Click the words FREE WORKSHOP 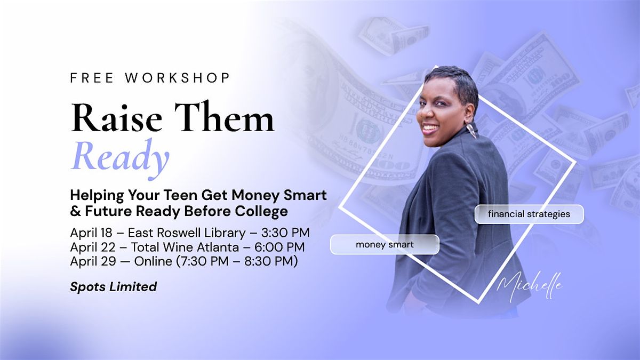[x=150, y=78]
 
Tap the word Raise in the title [x=117, y=117]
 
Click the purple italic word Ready [x=119, y=158]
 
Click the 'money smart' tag [x=385, y=245]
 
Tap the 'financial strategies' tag [x=529, y=214]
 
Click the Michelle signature [x=530, y=286]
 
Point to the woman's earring [x=471, y=130]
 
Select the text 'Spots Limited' [x=114, y=286]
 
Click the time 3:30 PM [x=285, y=233]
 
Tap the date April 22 [x=93, y=247]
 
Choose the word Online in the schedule [x=154, y=261]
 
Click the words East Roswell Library [x=187, y=233]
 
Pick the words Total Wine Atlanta [x=185, y=247]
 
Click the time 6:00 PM [x=279, y=247]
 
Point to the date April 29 [x=93, y=261]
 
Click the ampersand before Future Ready [x=75, y=212]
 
